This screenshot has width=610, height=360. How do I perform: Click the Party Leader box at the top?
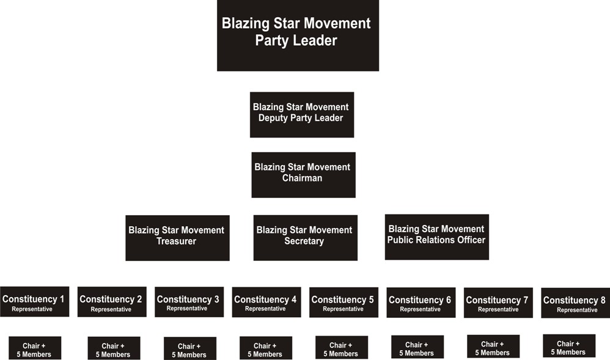click(x=298, y=35)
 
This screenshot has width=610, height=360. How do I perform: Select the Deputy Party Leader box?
click(x=301, y=114)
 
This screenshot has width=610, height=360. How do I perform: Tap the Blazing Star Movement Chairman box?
click(x=303, y=174)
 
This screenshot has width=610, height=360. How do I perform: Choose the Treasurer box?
click(x=177, y=238)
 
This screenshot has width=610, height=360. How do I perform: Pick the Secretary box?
click(x=305, y=237)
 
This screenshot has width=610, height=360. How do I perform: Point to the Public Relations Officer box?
click(x=436, y=237)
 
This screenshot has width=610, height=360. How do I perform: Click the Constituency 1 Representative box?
click(x=34, y=301)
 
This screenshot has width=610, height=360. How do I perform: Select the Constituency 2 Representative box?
click(x=112, y=302)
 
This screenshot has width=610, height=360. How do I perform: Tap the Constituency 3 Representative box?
click(x=189, y=302)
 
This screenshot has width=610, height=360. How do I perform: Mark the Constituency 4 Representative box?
click(x=266, y=302)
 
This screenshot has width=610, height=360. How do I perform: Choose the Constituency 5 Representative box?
click(x=344, y=302)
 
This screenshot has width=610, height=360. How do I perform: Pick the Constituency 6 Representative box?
click(x=421, y=303)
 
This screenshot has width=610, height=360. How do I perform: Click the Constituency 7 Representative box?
click(x=498, y=303)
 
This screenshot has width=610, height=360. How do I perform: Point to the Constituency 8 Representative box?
click(x=575, y=303)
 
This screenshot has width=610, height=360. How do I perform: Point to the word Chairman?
click(x=302, y=178)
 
